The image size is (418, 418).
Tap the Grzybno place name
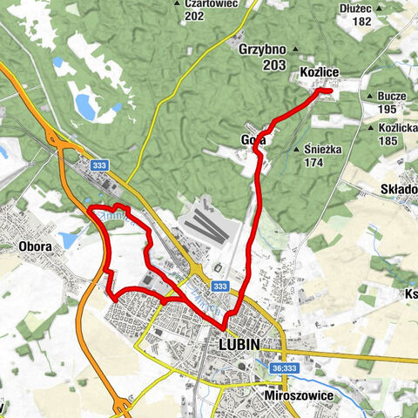(263, 50)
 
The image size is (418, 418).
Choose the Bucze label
(394, 96)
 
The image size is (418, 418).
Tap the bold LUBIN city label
(235, 345)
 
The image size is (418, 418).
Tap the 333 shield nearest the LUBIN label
(220, 287)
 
